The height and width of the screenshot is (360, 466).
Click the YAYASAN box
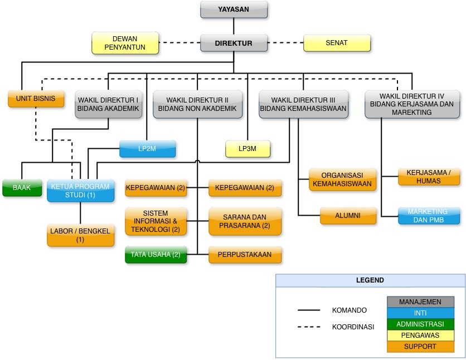point(234,9)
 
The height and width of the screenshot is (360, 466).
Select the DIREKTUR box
point(234,43)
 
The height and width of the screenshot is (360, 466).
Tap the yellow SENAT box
point(337,43)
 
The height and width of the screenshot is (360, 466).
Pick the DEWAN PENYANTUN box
point(125,43)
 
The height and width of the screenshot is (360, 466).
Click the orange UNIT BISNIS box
point(36,98)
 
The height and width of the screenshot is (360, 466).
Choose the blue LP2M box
point(147,149)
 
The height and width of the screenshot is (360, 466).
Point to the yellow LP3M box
point(248,149)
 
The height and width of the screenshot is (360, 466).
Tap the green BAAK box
point(22,188)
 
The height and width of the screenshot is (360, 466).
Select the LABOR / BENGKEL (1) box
point(80,235)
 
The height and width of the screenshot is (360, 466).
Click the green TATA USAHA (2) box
point(156,255)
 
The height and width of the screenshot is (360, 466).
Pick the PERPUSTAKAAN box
point(245,255)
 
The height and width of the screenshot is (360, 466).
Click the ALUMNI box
point(348,216)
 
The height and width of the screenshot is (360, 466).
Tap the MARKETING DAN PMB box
point(429,216)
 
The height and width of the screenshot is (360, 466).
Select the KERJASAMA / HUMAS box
point(429,177)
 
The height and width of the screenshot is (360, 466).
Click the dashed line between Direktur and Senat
point(285,43)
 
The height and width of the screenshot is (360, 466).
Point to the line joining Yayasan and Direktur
point(234,26)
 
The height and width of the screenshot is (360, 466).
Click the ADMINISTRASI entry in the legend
point(420,324)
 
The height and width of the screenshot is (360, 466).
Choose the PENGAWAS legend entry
point(420,335)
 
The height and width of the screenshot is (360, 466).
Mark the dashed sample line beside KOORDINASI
point(309,327)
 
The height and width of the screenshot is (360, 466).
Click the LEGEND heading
point(370,280)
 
